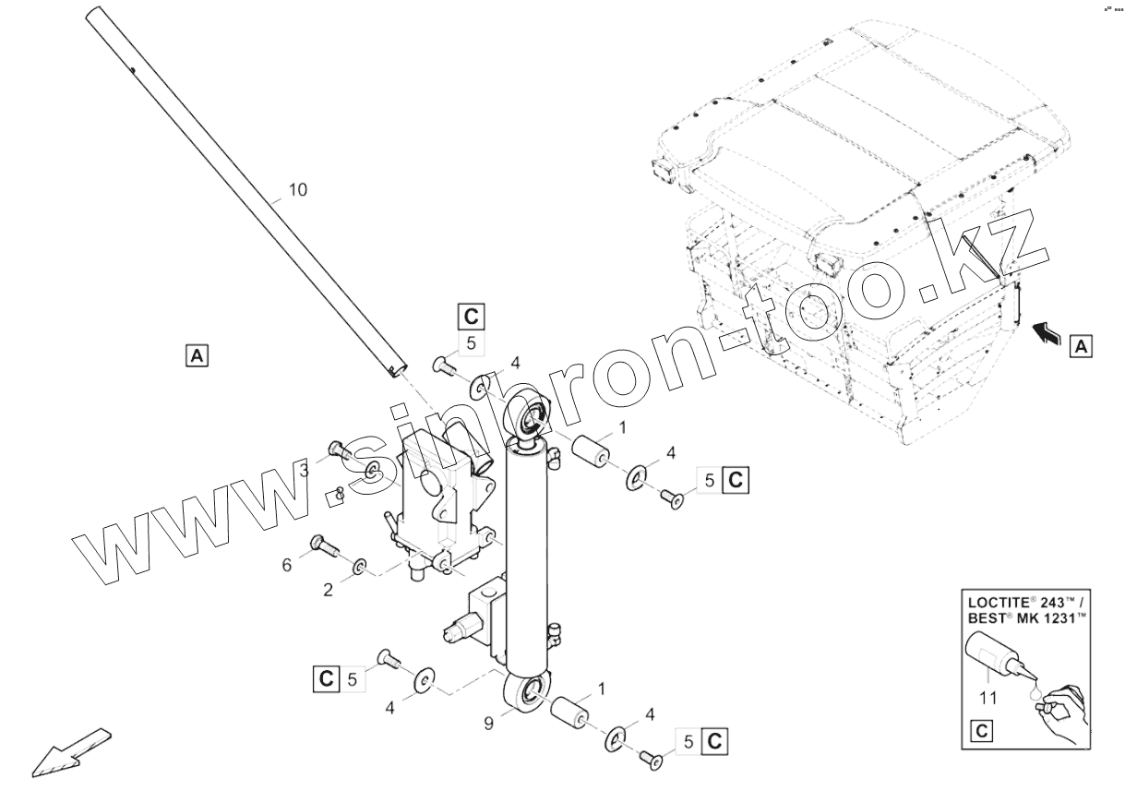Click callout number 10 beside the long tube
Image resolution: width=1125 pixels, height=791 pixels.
click(297, 190)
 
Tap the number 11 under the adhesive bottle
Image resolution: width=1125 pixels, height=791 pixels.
click(988, 699)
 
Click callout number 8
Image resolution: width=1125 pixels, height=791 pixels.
click(340, 494)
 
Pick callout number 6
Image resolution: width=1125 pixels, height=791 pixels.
click(287, 564)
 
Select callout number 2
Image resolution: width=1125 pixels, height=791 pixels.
click(328, 590)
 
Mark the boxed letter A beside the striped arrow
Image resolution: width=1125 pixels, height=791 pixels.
click(1081, 347)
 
